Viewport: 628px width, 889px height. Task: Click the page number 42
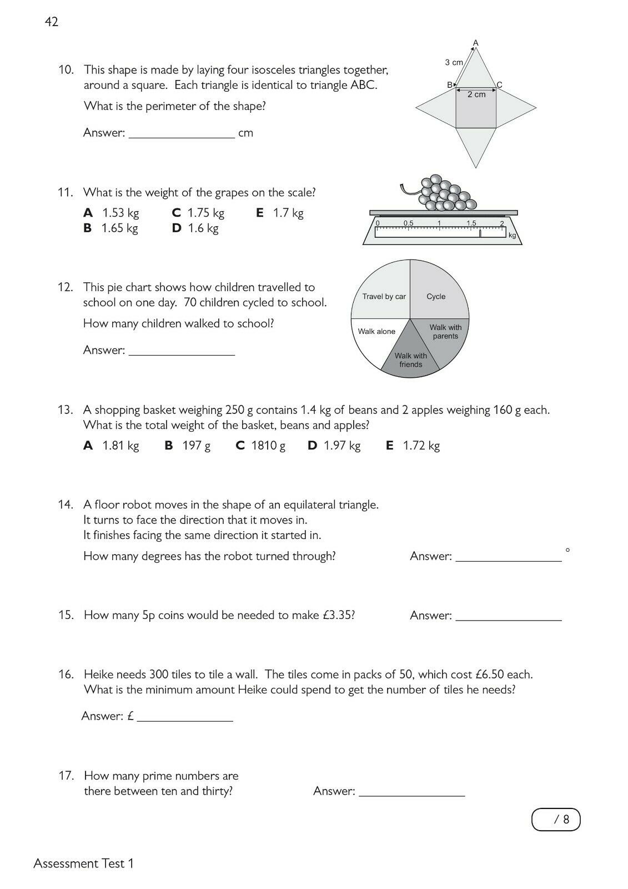point(52,22)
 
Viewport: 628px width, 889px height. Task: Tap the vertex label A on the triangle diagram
point(475,43)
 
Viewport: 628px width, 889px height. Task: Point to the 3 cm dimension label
point(454,63)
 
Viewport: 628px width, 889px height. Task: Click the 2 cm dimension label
point(476,94)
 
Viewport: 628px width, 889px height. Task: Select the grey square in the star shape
point(476,108)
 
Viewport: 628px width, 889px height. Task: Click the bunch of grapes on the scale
point(445,194)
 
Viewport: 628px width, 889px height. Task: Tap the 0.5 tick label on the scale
point(409,223)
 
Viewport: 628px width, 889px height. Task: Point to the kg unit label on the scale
point(512,236)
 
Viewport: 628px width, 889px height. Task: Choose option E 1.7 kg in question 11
point(280,213)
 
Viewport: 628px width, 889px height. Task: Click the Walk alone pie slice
point(376,339)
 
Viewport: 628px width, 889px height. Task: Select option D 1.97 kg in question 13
point(334,446)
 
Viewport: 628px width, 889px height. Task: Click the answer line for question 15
point(508,616)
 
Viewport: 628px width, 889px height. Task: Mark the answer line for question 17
point(411,792)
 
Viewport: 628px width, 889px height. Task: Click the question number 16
point(66,675)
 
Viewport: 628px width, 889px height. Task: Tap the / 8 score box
point(556,820)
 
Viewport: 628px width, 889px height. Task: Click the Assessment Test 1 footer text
point(84,863)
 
